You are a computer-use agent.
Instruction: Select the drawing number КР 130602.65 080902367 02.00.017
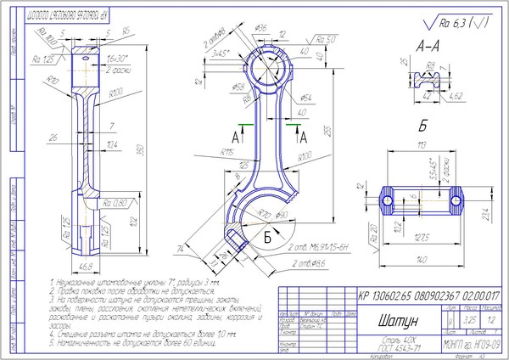pos(430,295)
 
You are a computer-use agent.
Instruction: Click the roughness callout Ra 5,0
pos(326,39)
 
